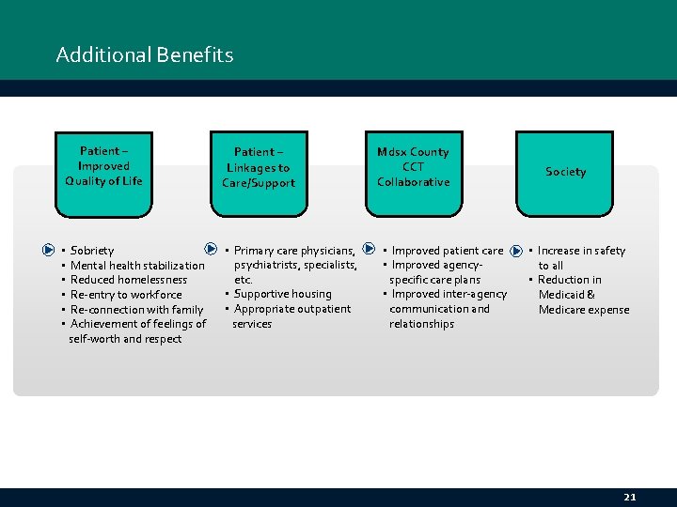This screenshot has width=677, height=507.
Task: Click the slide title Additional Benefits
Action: tap(145, 54)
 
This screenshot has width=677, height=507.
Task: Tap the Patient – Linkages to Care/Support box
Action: tap(259, 174)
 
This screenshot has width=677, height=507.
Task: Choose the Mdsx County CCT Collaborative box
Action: tap(413, 174)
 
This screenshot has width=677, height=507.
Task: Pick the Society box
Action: tap(565, 174)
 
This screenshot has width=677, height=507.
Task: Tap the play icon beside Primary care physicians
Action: tap(212, 251)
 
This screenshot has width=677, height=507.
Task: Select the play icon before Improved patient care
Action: tap(369, 251)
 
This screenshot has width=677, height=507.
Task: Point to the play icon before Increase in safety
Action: tap(516, 252)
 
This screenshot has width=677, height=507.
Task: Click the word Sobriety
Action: tap(92, 251)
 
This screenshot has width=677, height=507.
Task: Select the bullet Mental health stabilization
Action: tap(137, 266)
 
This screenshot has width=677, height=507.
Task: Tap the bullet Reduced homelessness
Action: tap(129, 280)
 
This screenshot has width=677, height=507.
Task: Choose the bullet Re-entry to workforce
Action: tap(126, 295)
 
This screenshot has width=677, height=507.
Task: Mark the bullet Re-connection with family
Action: tap(137, 310)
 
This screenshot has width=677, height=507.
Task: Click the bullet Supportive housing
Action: tap(282, 294)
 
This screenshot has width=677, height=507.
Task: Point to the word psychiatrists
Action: tap(266, 266)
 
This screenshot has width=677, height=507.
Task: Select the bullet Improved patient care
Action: tap(447, 251)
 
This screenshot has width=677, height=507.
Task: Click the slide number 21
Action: tap(629, 497)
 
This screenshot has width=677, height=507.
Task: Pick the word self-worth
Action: tap(94, 339)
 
